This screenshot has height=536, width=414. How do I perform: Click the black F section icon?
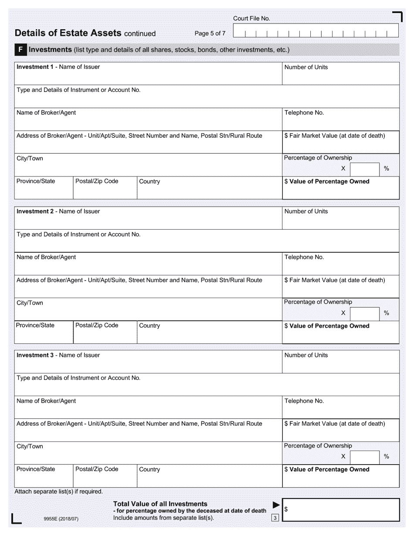(20, 50)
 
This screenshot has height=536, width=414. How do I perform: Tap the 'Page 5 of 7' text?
(210, 33)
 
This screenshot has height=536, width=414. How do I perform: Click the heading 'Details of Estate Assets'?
(68, 33)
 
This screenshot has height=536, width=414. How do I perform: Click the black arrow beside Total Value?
(276, 505)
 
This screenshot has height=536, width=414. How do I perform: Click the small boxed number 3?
(275, 518)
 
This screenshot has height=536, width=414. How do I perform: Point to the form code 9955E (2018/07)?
(61, 519)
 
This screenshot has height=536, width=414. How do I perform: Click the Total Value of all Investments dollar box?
(340, 509)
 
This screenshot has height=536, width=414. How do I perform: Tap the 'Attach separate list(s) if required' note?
(59, 492)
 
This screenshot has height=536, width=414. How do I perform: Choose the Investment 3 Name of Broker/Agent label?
(46, 401)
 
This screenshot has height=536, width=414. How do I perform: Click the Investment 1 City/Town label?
(30, 159)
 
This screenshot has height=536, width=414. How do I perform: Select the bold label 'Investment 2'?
(35, 211)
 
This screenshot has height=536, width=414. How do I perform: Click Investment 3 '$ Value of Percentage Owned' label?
(327, 469)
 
